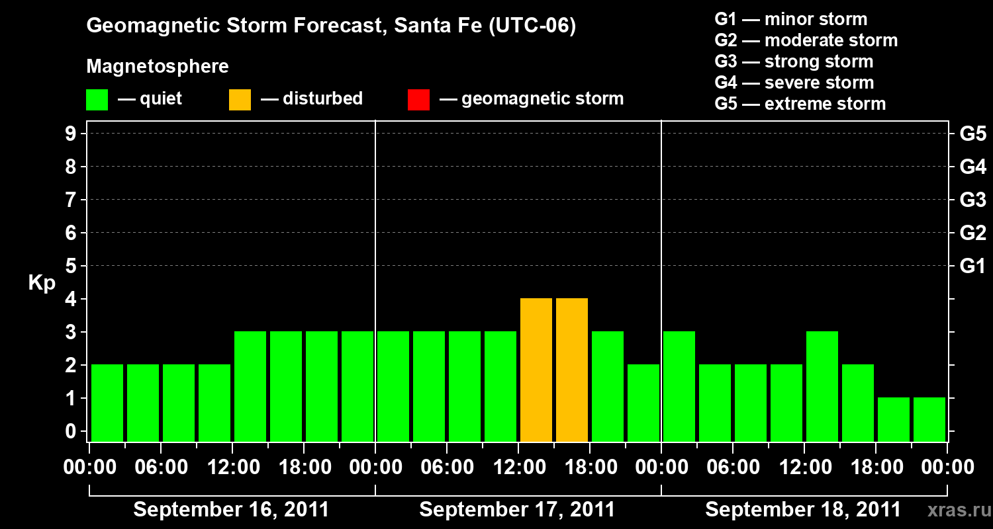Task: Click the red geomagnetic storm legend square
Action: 419,99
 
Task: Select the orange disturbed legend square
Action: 240,99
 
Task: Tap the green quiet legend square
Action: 97,99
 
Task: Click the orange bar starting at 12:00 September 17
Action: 536,370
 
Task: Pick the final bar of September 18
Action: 929,419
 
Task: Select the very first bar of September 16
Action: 107,403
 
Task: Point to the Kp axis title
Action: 42,283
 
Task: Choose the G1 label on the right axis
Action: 972,266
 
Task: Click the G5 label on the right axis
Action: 972,134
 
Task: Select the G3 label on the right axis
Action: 972,200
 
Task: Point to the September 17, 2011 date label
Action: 517,510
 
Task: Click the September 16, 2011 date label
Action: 231,510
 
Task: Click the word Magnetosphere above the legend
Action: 158,67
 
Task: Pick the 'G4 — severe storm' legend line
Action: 794,83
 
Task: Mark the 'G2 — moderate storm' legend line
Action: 806,40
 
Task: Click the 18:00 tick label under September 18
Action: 875,468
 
